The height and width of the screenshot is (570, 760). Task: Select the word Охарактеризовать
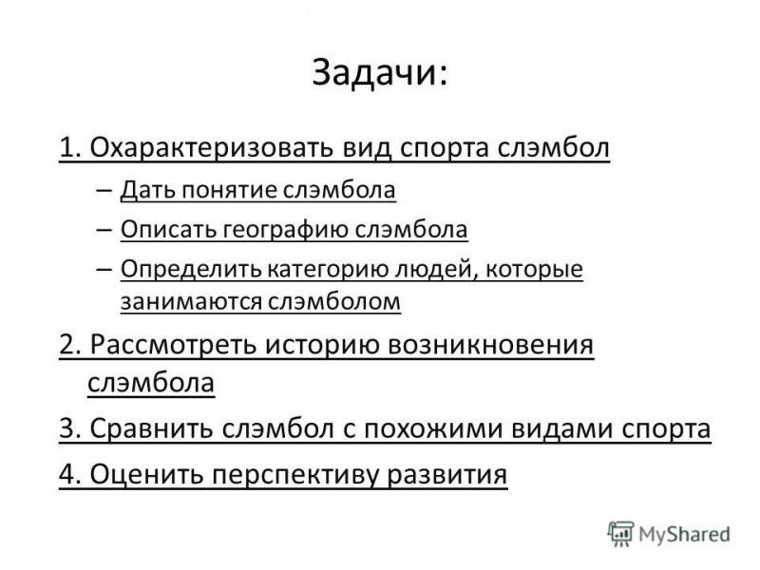click(212, 147)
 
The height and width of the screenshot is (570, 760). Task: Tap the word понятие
click(229, 190)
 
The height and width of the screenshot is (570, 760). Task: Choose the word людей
click(436, 270)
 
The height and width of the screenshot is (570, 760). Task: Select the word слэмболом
click(334, 301)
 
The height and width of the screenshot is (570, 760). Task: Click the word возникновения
click(491, 345)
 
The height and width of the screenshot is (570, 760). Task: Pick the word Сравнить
click(151, 428)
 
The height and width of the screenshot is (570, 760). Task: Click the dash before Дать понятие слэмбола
click(104, 189)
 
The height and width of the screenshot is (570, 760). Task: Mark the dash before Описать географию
click(104, 229)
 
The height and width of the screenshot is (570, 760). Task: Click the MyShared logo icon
click(621, 534)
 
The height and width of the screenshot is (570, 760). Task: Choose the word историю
click(322, 345)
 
